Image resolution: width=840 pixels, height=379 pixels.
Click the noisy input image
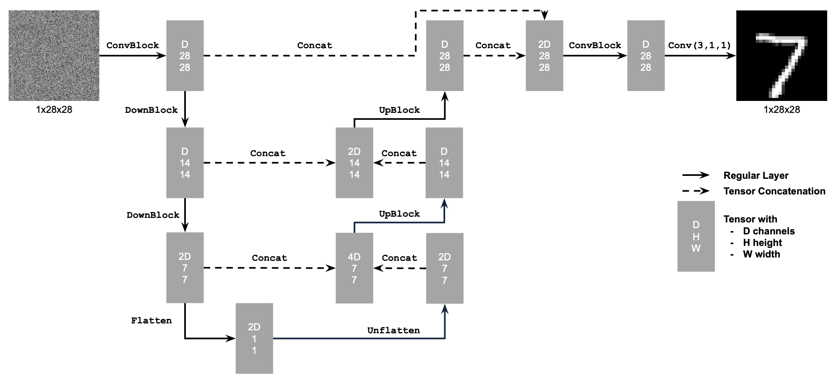point(54,56)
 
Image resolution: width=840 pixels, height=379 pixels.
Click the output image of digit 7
point(781,56)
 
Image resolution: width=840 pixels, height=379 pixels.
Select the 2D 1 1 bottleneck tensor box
point(254,338)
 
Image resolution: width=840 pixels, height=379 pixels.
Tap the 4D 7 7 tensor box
point(354,268)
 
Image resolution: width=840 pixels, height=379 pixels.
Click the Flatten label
point(151,321)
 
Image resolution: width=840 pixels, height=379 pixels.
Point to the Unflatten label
point(393,330)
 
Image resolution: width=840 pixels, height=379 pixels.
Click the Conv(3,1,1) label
point(699,45)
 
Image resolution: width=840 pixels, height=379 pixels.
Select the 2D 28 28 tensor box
point(544,56)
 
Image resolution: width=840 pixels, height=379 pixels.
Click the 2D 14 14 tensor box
point(354,163)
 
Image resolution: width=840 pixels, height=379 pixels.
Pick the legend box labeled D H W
point(696,236)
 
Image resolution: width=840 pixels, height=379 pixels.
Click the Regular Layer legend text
point(756,175)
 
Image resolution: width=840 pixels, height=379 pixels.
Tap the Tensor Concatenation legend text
point(774,191)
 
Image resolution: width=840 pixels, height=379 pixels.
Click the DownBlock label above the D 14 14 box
point(151,110)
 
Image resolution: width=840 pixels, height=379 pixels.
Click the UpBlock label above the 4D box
point(399,214)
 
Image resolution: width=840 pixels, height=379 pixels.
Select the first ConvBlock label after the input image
point(132,45)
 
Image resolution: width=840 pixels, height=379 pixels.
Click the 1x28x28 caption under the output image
point(781,110)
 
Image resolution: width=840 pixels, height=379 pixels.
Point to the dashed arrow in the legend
point(695,191)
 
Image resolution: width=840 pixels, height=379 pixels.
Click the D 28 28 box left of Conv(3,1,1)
point(645,56)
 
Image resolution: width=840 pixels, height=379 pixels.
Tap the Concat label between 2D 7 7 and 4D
point(269,258)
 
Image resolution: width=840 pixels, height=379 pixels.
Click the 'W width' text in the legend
point(761,254)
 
